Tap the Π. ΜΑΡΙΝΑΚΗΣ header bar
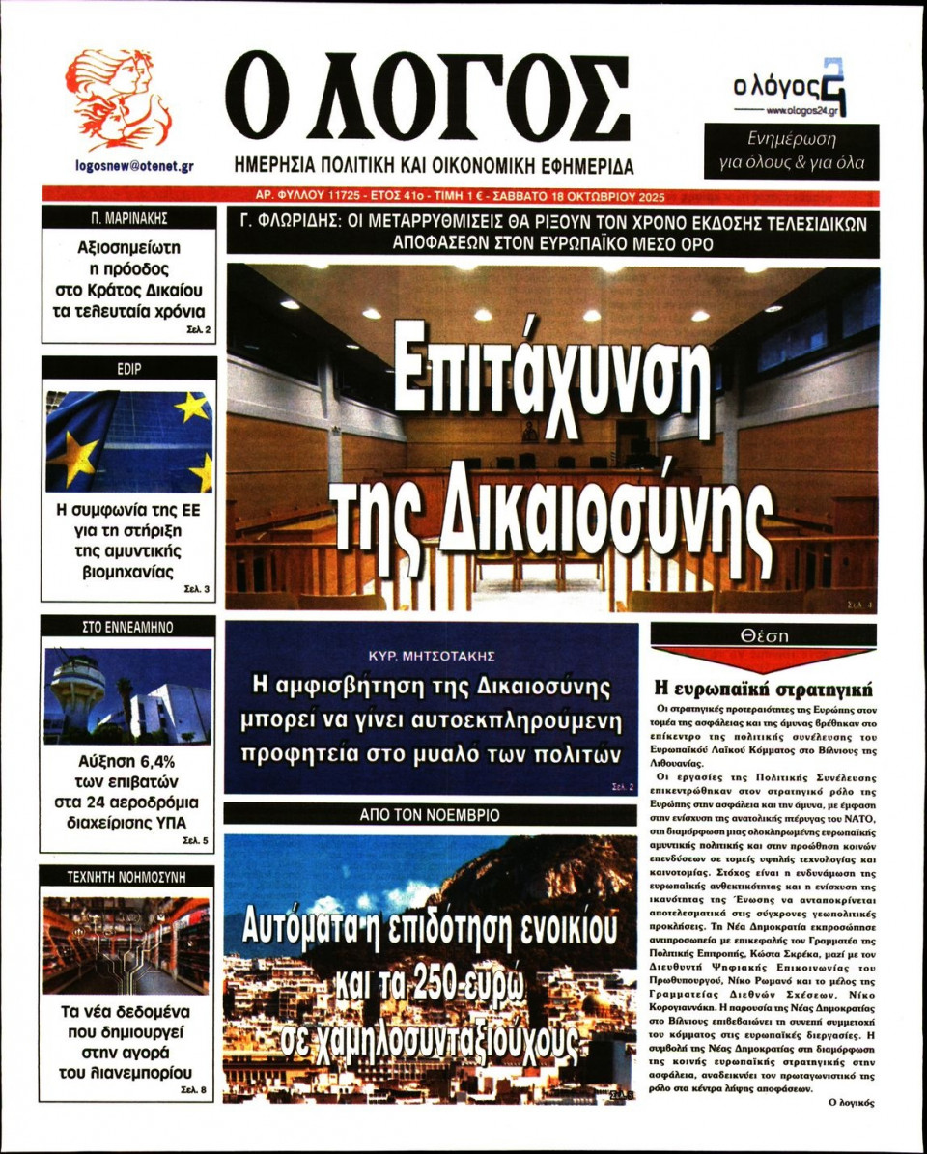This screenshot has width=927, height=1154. click(128, 217)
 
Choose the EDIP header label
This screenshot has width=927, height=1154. click(128, 368)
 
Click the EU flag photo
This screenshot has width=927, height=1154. click(128, 441)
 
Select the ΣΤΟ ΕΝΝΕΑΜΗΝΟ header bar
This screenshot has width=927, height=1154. click(128, 627)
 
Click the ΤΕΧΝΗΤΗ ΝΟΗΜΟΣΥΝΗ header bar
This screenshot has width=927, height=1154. click(128, 877)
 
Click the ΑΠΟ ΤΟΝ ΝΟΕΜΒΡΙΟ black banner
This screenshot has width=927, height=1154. click(431, 815)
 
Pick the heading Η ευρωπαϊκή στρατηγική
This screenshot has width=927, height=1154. click(763, 690)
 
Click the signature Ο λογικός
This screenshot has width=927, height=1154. click(851, 1102)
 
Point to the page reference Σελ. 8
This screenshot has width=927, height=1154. click(195, 1090)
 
